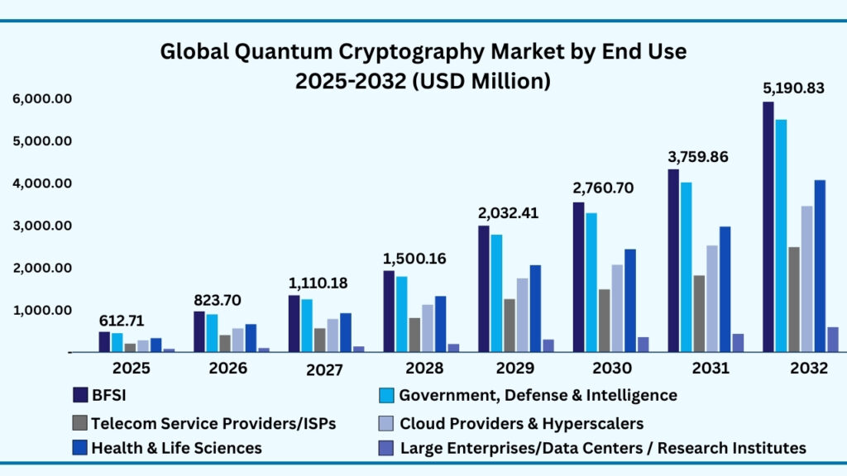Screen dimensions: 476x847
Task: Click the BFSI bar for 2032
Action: coord(768,226)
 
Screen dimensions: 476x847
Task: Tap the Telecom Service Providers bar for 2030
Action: coord(604,321)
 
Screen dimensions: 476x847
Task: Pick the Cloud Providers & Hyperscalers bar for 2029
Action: coord(523,315)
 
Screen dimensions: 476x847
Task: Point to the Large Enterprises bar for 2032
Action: coord(833,339)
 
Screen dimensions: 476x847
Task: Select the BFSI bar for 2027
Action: coord(294,323)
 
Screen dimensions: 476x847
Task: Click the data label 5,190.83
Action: coord(793,88)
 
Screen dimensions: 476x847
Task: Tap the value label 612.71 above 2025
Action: coord(122,320)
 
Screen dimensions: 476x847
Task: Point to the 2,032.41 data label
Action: coord(508,212)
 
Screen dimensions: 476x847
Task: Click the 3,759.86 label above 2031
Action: coord(697,156)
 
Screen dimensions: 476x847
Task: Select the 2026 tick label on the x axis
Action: coord(227,369)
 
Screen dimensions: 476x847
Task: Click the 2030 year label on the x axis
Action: coord(612,369)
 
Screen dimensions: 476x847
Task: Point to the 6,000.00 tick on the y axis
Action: coord(43,99)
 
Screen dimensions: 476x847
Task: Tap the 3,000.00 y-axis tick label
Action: coord(43,226)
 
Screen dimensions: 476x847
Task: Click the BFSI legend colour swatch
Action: coord(80,395)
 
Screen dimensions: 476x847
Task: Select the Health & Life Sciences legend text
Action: coord(177,448)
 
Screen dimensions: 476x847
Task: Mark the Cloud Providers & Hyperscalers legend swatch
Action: coord(385,423)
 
